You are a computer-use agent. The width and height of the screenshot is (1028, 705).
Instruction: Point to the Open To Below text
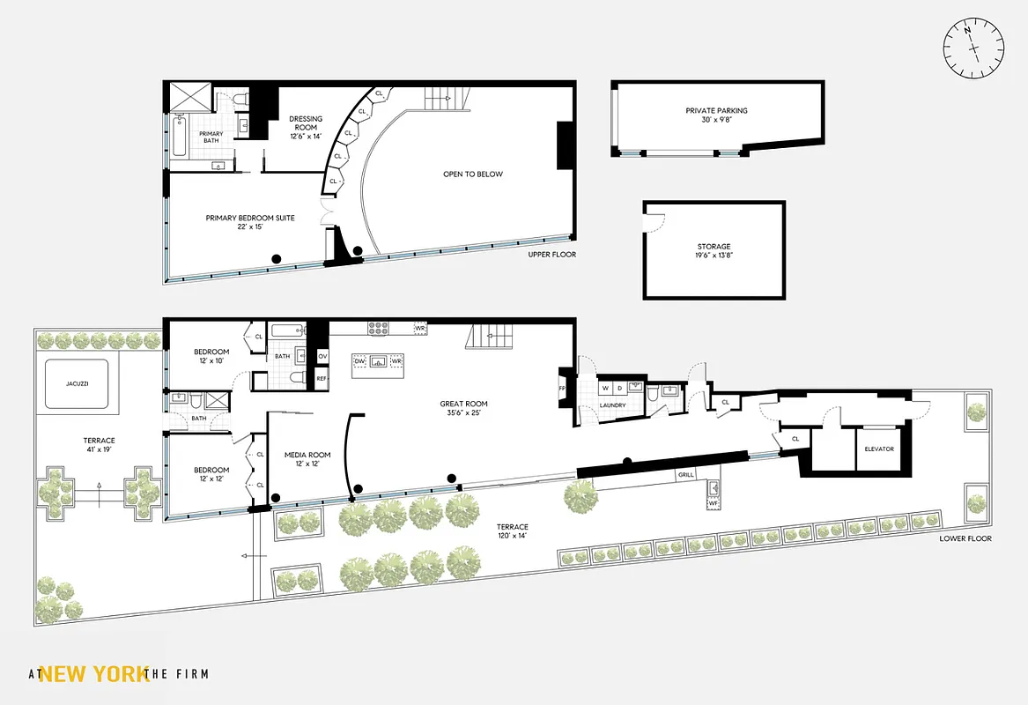click(473, 174)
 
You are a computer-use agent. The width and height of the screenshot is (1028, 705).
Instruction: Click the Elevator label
click(879, 449)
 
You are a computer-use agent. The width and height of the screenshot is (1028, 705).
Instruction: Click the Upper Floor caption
click(552, 255)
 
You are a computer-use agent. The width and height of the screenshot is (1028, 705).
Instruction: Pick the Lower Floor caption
click(965, 538)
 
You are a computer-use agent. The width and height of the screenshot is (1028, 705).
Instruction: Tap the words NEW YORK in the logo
click(94, 674)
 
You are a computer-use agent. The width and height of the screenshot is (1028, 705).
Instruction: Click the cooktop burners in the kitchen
click(378, 328)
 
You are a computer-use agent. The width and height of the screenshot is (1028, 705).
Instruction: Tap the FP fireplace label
click(561, 388)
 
